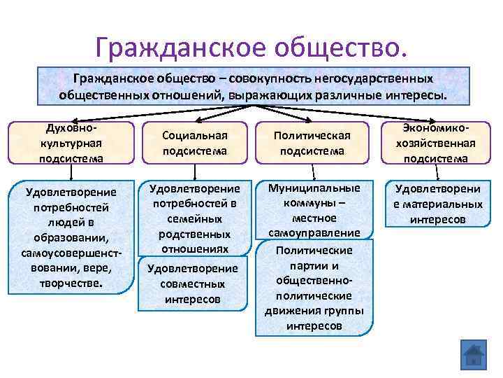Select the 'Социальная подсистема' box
196,142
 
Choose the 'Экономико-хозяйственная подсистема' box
439,143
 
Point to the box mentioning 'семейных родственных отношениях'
196,218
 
